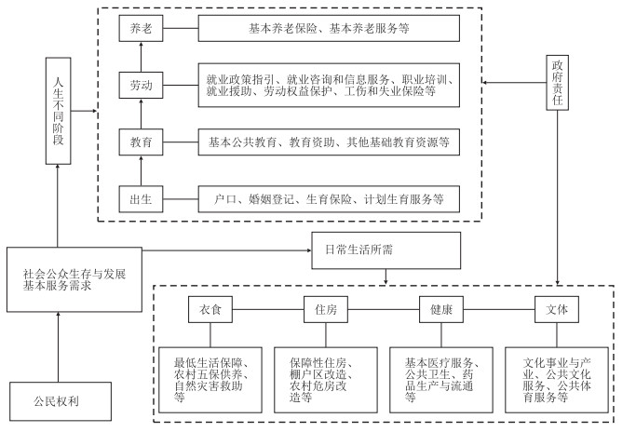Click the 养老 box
pos(141,28)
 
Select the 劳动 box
pos(141,85)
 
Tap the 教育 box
pos(141,142)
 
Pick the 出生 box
pos(141,199)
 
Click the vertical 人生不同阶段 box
pos(59,111)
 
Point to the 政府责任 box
pos(557,83)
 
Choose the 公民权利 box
pos(61,401)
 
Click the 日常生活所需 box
pos(386,250)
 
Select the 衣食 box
pos(210,309)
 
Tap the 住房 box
pos(326,309)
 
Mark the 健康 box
pos(441,309)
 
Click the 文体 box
pos(557,309)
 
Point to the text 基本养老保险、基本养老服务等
pos(329,28)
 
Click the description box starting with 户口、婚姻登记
pos(329,199)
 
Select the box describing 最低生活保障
pos(210,380)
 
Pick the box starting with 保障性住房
pos(326,380)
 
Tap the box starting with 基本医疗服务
pos(441,380)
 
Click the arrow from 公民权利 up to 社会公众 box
pos(58,347)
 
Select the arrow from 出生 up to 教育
pos(142,170)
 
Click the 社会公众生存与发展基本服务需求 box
pos(74,279)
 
